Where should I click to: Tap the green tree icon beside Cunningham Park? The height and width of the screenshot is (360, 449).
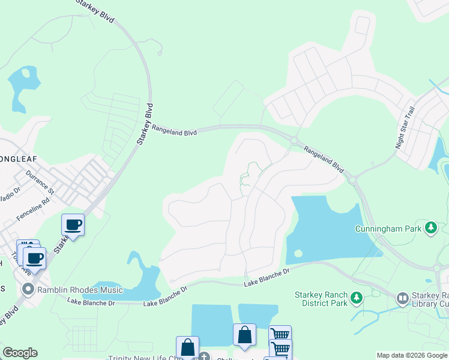(x=430, y=227)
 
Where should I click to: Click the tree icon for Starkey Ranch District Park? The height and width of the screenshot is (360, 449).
(x=357, y=298)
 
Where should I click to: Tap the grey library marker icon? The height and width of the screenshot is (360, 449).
(x=402, y=298)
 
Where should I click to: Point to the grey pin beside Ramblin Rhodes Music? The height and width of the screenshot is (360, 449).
(x=28, y=290)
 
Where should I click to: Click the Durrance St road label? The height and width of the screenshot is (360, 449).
(x=40, y=184)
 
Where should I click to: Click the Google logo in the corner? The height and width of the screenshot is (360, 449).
(x=20, y=352)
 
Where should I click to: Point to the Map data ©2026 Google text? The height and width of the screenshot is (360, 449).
(x=411, y=355)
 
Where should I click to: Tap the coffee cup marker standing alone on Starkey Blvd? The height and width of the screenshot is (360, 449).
(x=73, y=225)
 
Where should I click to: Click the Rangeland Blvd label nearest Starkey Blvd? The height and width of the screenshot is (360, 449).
(x=174, y=128)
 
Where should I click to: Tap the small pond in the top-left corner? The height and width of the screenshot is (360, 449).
(x=22, y=87)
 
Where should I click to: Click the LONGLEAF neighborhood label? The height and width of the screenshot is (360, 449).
(x=18, y=159)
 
